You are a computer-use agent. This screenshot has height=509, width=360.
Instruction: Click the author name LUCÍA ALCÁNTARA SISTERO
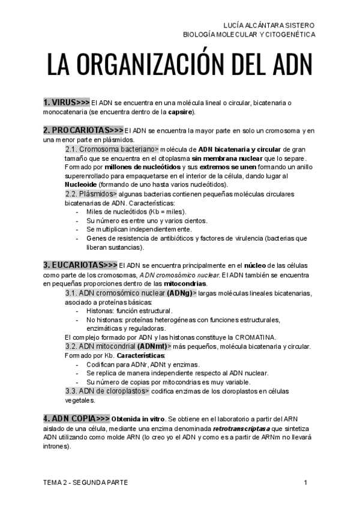tap(268, 25)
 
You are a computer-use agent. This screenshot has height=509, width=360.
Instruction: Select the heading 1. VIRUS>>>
tap(66, 103)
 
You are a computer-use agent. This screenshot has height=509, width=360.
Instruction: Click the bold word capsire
tap(180, 112)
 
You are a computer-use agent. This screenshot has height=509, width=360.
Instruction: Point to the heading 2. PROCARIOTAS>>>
tap(83, 130)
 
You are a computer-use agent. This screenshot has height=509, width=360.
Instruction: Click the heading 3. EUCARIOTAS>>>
tap(80, 265)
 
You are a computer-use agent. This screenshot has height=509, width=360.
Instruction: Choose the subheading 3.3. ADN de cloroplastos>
tap(107, 391)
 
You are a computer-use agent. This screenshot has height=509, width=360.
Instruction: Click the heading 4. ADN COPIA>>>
tap(76, 418)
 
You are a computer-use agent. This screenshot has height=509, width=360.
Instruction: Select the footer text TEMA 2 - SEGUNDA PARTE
tap(85, 483)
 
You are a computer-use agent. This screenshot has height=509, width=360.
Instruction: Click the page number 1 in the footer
tap(305, 483)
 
